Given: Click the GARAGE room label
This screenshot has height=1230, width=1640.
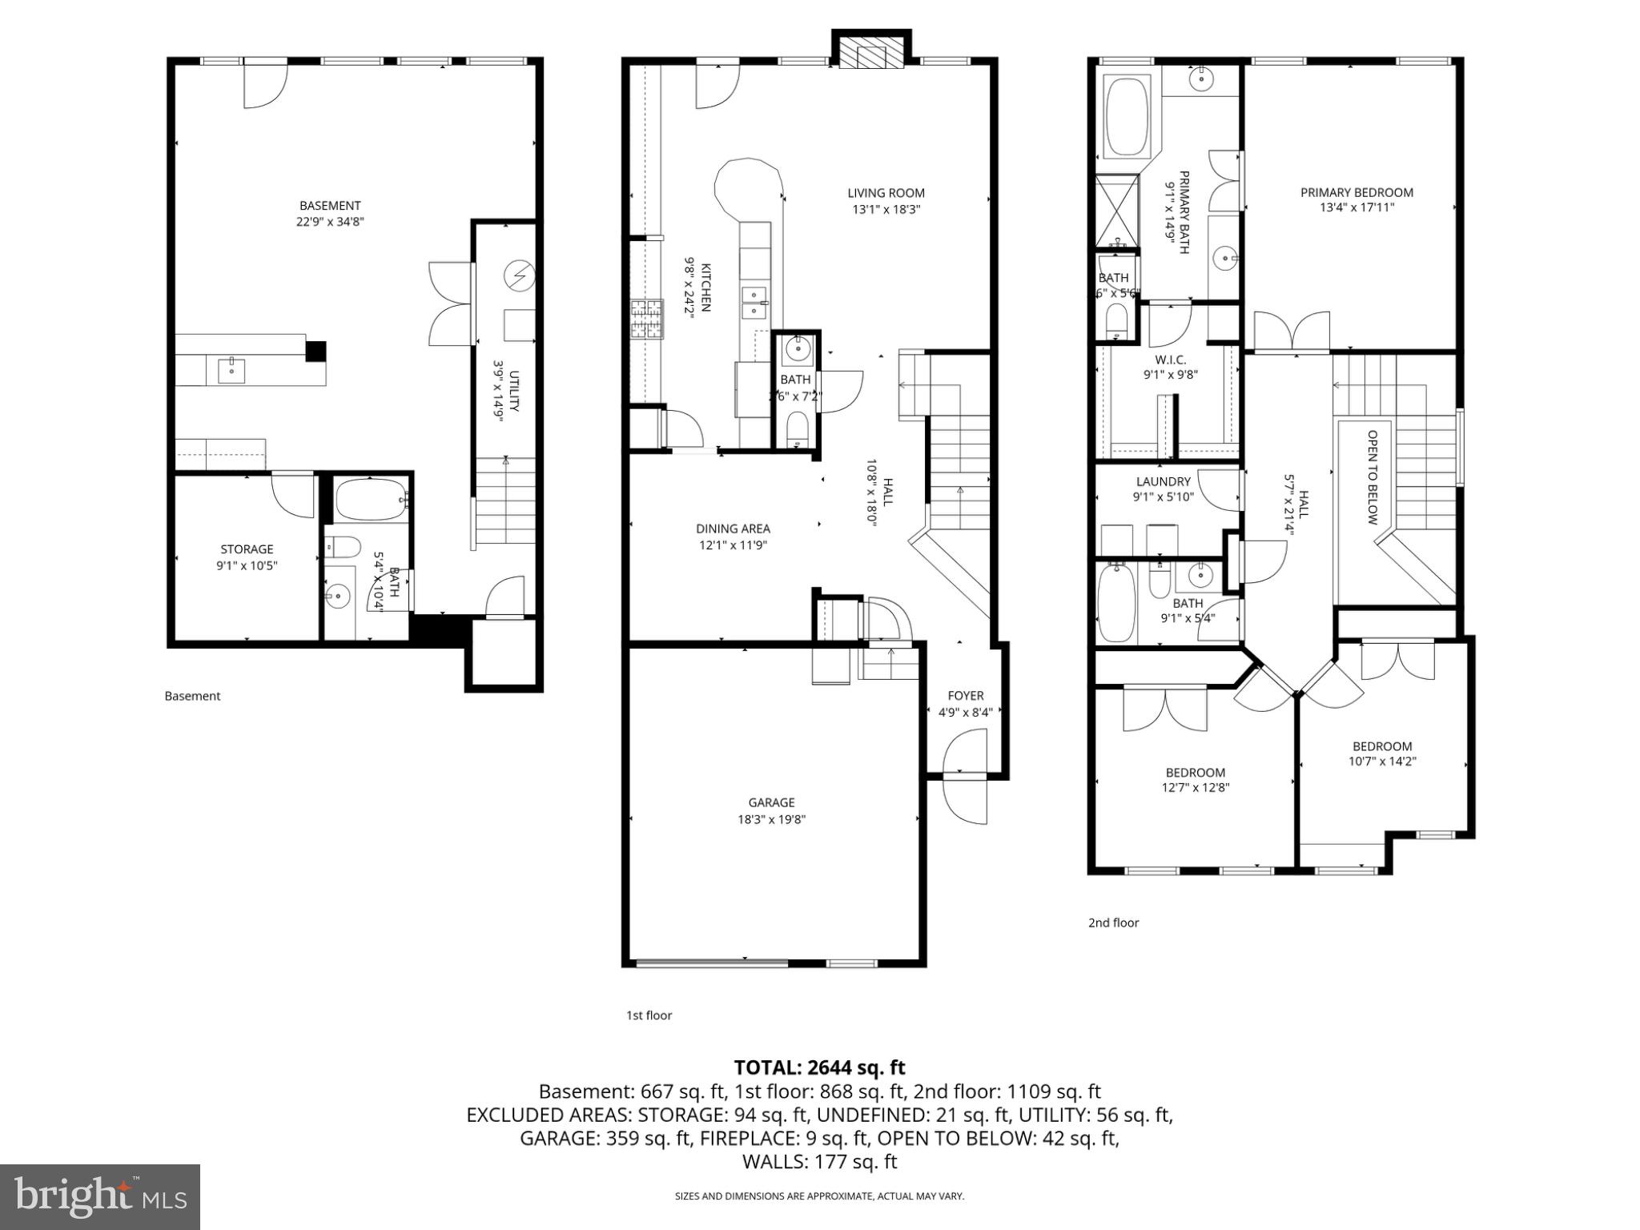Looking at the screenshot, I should (771, 802).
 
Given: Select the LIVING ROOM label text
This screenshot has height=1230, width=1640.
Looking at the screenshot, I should (886, 193).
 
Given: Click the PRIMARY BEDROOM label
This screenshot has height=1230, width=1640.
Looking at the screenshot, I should (1357, 192).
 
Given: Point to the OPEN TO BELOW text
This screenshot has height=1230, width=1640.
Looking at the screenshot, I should (1372, 477).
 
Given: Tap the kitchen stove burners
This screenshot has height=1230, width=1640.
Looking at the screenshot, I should (647, 320).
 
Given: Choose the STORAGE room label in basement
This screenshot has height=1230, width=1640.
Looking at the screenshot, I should (247, 549).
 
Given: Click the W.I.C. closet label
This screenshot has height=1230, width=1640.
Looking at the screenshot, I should (1170, 360).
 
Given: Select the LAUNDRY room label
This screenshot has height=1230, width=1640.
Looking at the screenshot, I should (1163, 481).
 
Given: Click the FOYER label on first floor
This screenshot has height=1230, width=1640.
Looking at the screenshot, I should (965, 696).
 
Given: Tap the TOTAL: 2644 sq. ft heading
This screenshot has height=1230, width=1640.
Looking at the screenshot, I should (819, 1067).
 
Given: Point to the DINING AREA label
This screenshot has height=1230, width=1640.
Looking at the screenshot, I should (733, 529).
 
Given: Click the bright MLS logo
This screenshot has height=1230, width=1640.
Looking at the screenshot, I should (100, 1196).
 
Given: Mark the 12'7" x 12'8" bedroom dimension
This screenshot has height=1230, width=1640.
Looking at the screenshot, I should (1195, 787).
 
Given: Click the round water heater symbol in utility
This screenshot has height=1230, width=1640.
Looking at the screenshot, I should (518, 276).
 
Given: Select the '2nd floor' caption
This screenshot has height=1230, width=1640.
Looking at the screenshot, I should (1113, 922).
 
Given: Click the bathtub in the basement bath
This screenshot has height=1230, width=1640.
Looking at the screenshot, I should (369, 500).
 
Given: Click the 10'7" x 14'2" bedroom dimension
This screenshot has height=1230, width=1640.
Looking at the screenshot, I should (1382, 762).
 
